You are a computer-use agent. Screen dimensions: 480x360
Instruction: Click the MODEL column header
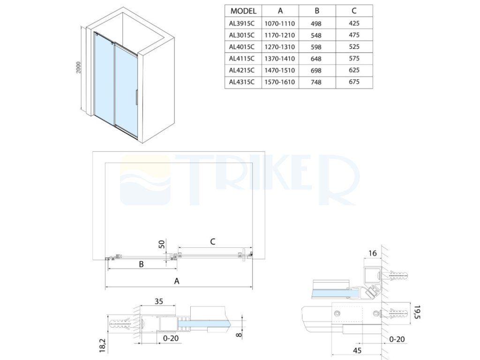(x=243, y=11)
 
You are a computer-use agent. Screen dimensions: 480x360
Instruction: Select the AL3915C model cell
(x=242, y=23)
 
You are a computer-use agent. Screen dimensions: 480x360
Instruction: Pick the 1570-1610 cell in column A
(x=280, y=82)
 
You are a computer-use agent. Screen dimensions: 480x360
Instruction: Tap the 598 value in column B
(x=316, y=47)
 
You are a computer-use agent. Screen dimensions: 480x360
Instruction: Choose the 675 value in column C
(x=354, y=82)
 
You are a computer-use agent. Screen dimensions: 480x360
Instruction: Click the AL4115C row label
(x=242, y=59)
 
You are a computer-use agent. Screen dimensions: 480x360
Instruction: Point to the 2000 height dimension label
(x=78, y=67)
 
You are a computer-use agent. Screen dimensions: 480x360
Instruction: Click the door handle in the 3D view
(x=136, y=97)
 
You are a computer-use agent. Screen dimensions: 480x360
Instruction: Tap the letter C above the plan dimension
(x=213, y=242)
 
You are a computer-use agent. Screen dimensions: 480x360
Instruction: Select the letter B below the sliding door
(x=142, y=264)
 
